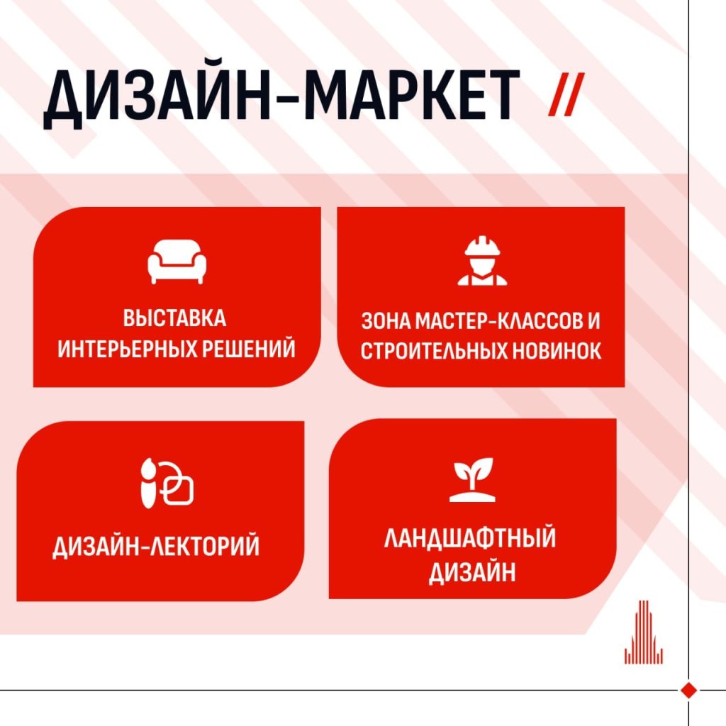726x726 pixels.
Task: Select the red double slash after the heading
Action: tap(566, 94)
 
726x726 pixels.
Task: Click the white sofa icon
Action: tap(177, 261)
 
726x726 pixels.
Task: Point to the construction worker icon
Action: tap(482, 260)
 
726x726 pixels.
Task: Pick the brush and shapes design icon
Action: tap(167, 483)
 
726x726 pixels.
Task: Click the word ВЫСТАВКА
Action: tap(174, 318)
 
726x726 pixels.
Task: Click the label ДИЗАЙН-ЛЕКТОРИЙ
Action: tap(156, 547)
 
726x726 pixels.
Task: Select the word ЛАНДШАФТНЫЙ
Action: tap(470, 538)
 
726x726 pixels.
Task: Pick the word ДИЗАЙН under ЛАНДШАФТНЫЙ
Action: tap(472, 573)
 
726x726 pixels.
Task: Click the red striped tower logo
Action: tap(644, 632)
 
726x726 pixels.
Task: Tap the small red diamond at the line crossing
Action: tap(689, 690)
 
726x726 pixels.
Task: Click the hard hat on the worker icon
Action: tap(482, 246)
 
